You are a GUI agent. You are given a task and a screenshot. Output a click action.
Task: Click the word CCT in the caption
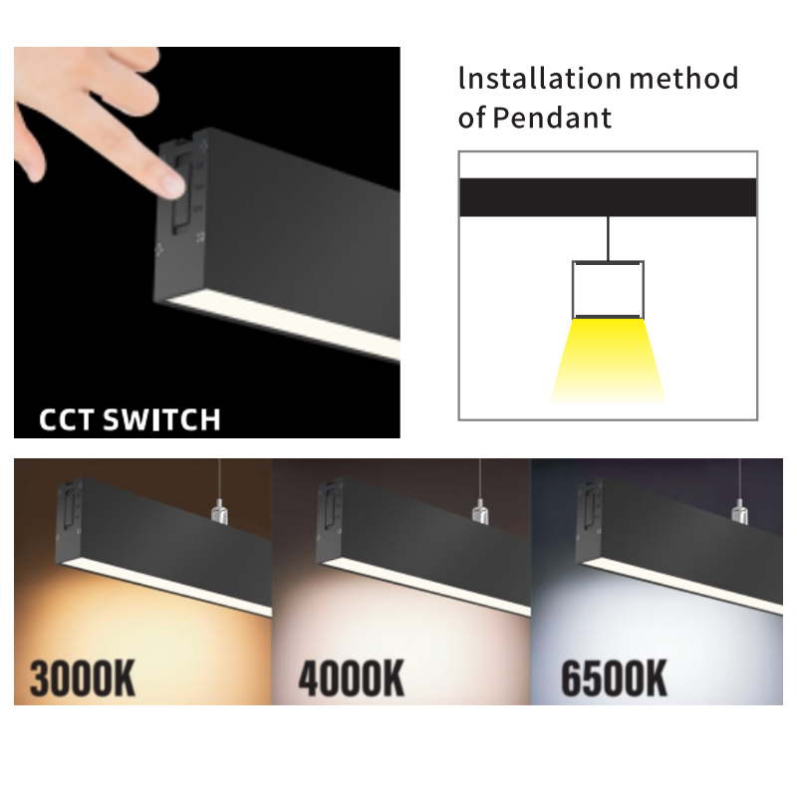pyautogui.click(x=66, y=419)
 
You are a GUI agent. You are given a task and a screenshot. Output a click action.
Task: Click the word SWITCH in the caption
pyautogui.click(x=161, y=419)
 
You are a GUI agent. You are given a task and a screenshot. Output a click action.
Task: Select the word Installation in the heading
pyautogui.click(x=539, y=79)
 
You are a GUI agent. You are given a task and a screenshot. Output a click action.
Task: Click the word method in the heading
pyautogui.click(x=683, y=79)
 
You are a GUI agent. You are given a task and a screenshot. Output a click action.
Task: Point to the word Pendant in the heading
pyautogui.click(x=552, y=118)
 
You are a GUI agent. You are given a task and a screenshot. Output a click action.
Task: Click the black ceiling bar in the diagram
pyautogui.click(x=608, y=197)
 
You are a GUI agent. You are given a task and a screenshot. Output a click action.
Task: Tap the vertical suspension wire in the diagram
pyautogui.click(x=608, y=238)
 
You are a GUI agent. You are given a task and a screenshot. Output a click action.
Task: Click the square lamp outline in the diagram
pyautogui.click(x=573, y=290)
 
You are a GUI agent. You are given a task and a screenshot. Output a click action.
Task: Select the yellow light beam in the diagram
pyautogui.click(x=608, y=360)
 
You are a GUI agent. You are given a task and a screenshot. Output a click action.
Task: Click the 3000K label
pyautogui.click(x=83, y=678)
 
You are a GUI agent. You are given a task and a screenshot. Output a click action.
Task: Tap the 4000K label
pyautogui.click(x=352, y=678)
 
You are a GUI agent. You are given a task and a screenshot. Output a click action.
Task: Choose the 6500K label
pyautogui.click(x=614, y=678)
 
